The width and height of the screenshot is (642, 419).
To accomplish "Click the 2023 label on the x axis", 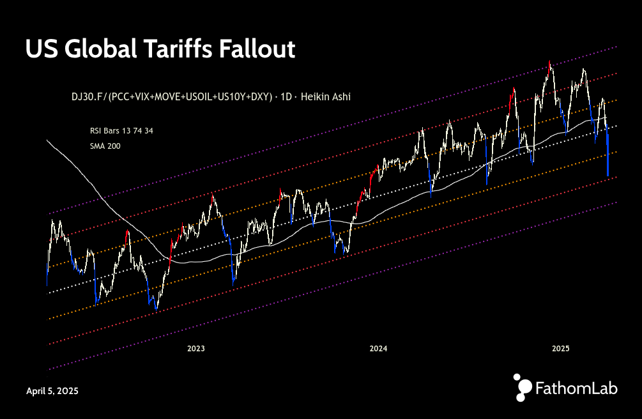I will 195,349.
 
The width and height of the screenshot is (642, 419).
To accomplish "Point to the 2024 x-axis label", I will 378,349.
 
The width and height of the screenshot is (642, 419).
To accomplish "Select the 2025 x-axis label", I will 561,349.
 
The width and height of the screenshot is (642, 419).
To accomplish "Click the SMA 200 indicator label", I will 105,146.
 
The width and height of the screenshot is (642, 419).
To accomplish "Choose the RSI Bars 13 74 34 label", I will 121,130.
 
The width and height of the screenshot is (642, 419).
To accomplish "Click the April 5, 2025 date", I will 52,390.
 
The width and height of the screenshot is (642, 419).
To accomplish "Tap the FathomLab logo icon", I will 523,387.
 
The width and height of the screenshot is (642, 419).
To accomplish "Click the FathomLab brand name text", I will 576,388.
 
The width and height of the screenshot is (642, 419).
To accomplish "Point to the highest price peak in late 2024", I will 549,63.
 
